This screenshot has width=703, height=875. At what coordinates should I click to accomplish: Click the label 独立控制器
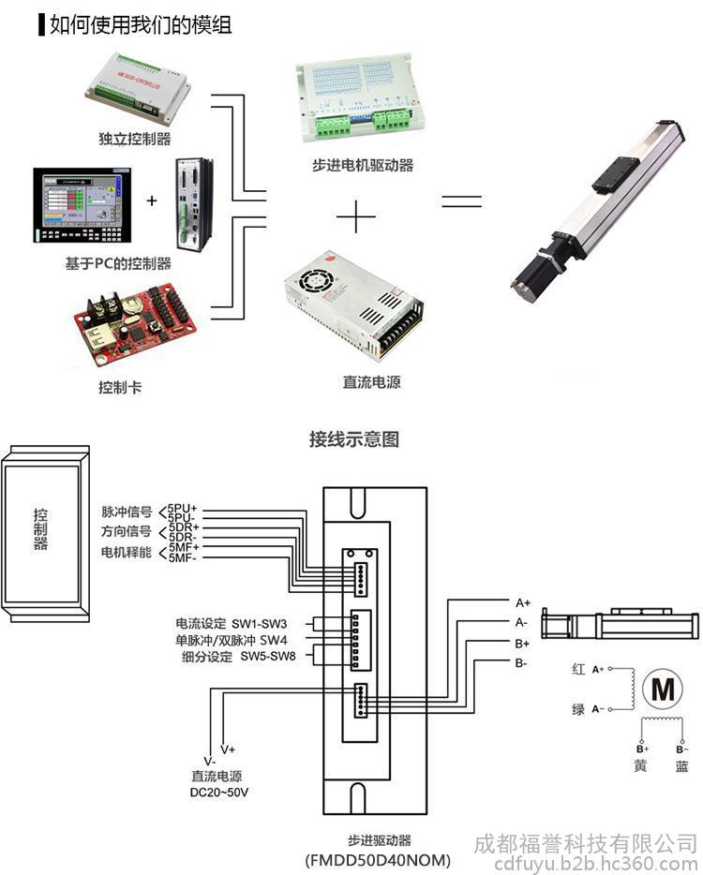[x=135, y=139]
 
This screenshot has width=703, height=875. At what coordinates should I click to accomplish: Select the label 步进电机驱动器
[x=363, y=165]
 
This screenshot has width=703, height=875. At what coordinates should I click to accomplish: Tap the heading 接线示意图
[x=354, y=438]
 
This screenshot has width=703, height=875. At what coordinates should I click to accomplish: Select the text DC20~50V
[x=219, y=793]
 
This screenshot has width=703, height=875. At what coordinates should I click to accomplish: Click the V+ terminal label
[x=228, y=750]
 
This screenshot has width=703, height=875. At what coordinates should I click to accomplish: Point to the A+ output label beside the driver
[x=523, y=602]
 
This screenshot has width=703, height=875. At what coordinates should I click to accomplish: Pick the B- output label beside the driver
[x=521, y=663]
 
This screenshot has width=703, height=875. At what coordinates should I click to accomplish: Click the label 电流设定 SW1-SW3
[x=231, y=623]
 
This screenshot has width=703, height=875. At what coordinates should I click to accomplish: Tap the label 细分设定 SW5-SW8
[x=238, y=657]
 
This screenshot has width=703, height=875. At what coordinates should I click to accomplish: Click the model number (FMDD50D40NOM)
[x=378, y=859]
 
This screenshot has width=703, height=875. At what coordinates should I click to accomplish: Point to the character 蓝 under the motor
[x=681, y=767]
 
